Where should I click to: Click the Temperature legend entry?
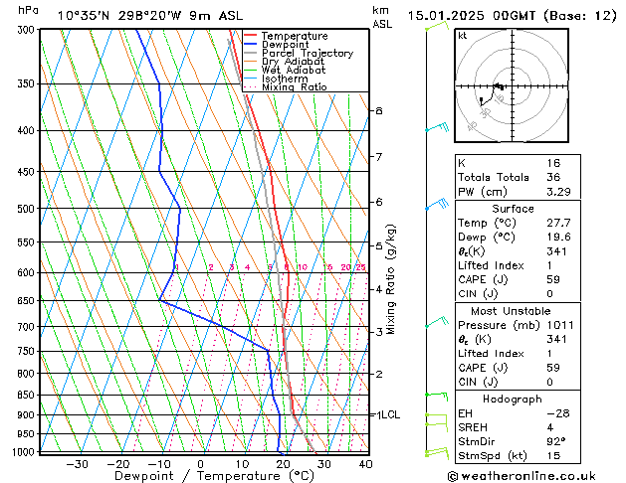[293, 36]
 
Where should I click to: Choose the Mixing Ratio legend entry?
[295, 87]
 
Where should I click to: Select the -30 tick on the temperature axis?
[77, 464]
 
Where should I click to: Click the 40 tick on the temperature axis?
[365, 464]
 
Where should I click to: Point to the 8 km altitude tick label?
[378, 110]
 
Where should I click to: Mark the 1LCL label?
[387, 414]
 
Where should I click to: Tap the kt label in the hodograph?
[462, 36]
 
